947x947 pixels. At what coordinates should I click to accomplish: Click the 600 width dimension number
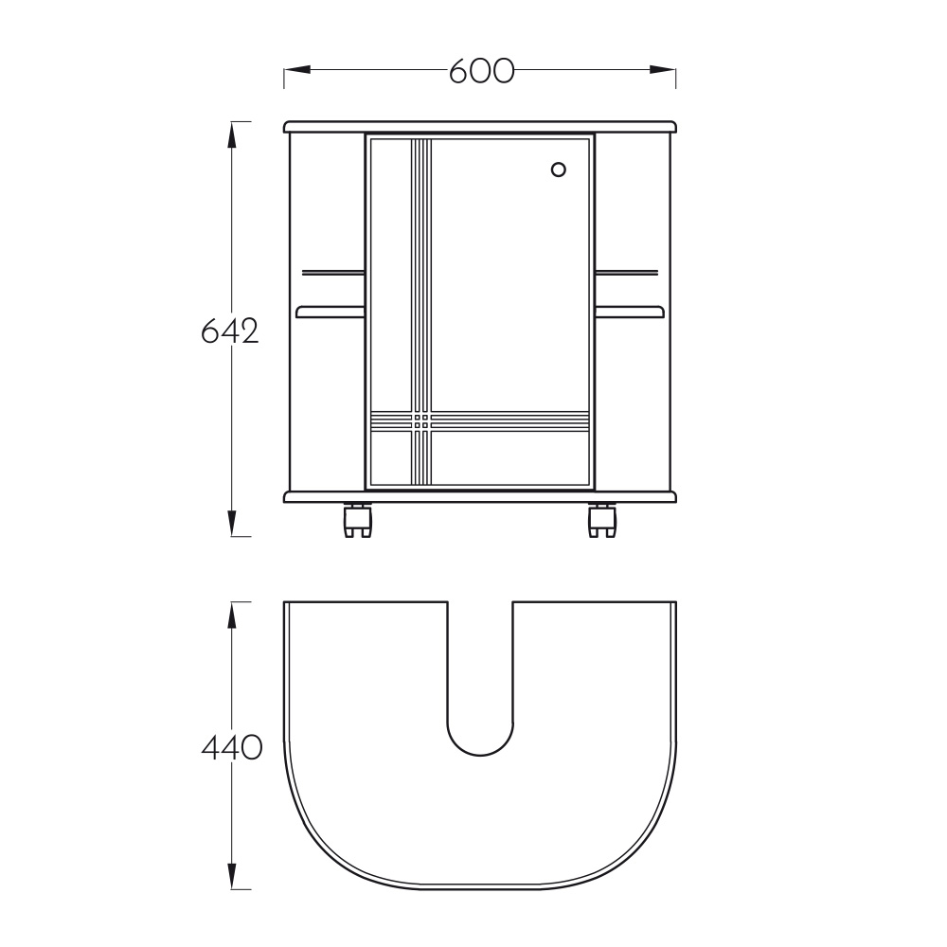pyautogui.click(x=481, y=71)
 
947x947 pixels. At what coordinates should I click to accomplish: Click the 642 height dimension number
pyautogui.click(x=230, y=331)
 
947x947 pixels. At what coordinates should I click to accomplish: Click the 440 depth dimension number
pyautogui.click(x=232, y=748)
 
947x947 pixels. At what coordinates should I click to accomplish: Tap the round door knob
pyautogui.click(x=559, y=170)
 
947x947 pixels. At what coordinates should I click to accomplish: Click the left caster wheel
pyautogui.click(x=357, y=521)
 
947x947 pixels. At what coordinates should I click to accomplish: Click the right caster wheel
pyautogui.click(x=602, y=521)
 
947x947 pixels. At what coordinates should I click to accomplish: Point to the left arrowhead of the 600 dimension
pyautogui.click(x=297, y=70)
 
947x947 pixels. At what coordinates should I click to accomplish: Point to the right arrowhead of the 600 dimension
pyautogui.click(x=663, y=70)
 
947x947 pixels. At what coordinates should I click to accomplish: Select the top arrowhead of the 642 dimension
pyautogui.click(x=231, y=134)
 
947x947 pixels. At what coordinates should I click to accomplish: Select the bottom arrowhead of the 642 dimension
pyautogui.click(x=231, y=523)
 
